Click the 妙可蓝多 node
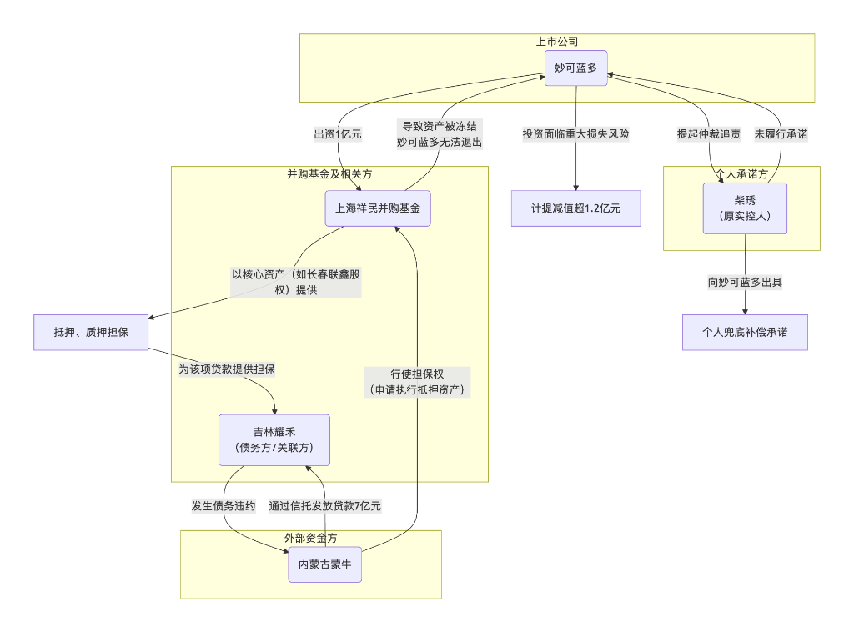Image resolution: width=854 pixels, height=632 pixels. tap(575, 68)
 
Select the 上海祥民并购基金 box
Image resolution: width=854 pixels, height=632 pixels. tap(378, 208)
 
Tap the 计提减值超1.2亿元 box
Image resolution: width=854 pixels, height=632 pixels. tap(575, 208)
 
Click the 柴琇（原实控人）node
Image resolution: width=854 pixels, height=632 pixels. tap(745, 208)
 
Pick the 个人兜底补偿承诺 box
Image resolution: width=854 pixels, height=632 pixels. tap(745, 332)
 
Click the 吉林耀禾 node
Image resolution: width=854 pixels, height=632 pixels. tap(274, 439)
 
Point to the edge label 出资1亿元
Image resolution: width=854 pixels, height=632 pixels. tap(338, 134)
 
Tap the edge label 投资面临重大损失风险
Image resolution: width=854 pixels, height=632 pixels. tap(575, 134)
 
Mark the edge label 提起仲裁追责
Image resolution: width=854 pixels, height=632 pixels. tap(709, 134)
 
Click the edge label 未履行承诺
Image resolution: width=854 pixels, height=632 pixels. tap(781, 134)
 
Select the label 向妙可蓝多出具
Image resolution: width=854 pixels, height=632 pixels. tap(745, 283)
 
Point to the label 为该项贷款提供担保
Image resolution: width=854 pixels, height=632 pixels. tap(227, 369)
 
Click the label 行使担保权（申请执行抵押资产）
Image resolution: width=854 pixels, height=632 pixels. tap(416, 382)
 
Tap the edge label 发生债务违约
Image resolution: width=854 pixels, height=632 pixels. tap(223, 506)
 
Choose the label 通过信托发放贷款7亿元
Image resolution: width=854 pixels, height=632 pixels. tap(325, 506)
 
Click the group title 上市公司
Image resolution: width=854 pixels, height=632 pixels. tap(557, 42)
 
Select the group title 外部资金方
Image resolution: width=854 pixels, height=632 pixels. tap(310, 539)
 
